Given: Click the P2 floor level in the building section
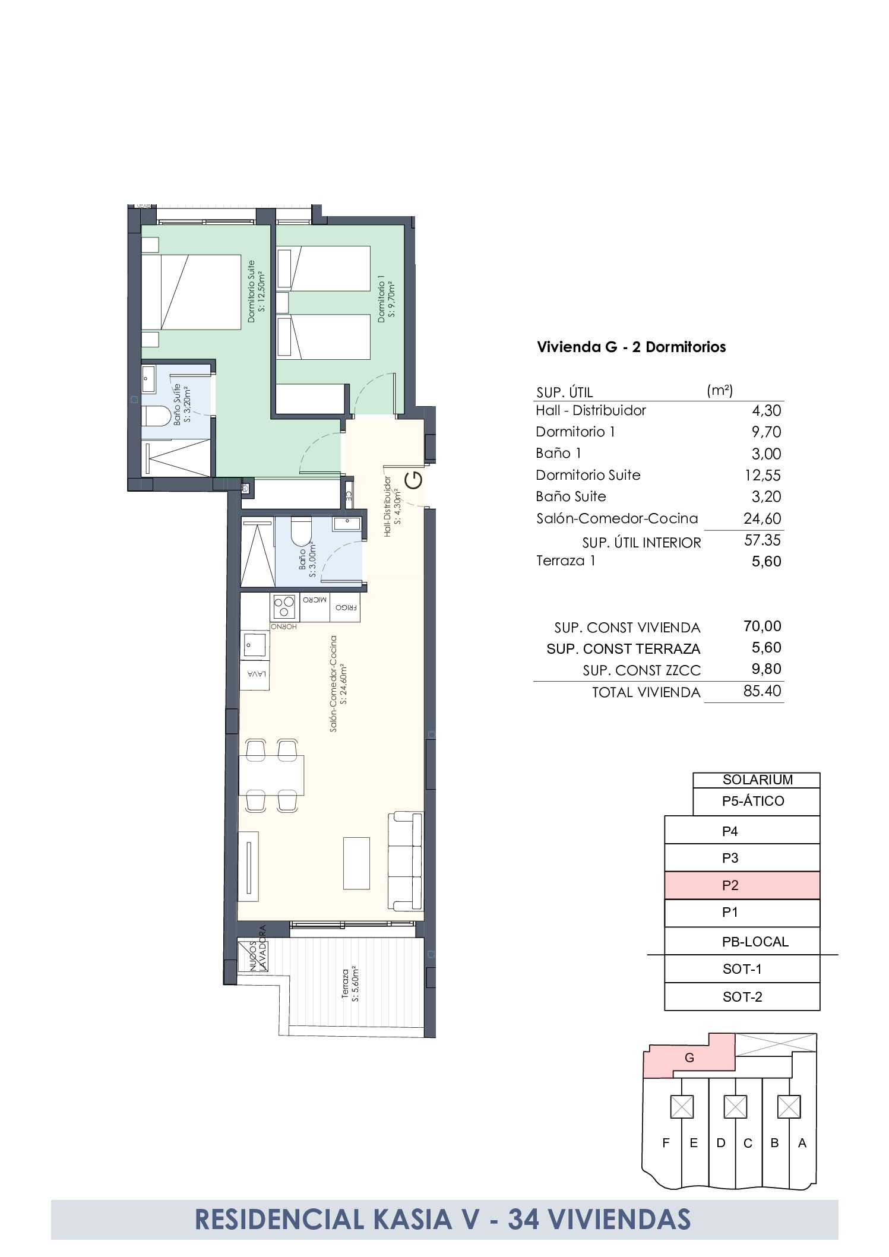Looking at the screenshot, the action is pos(742,885).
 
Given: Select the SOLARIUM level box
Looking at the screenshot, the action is pos(756,780).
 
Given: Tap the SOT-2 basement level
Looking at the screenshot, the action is pos(742,997).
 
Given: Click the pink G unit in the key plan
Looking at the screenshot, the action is pos(689,1058).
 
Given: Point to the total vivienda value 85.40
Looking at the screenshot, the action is pos(762,691).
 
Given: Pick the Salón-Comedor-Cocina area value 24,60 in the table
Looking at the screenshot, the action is pos(762,518).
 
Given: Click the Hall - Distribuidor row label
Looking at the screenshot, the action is pos(590,410).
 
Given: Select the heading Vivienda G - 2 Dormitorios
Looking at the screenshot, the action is pos(631,347).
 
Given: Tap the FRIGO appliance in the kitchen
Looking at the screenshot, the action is pos(346,607).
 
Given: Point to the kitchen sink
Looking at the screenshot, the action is pos(255,645).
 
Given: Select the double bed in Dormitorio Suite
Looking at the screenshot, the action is pos(191,292).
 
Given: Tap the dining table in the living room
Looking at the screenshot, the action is pos(271,775).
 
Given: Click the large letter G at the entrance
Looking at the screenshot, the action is pos(413,480).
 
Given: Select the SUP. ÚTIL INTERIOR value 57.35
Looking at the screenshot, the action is pos(763,540).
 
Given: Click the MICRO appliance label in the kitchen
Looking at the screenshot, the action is pos(315,600).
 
